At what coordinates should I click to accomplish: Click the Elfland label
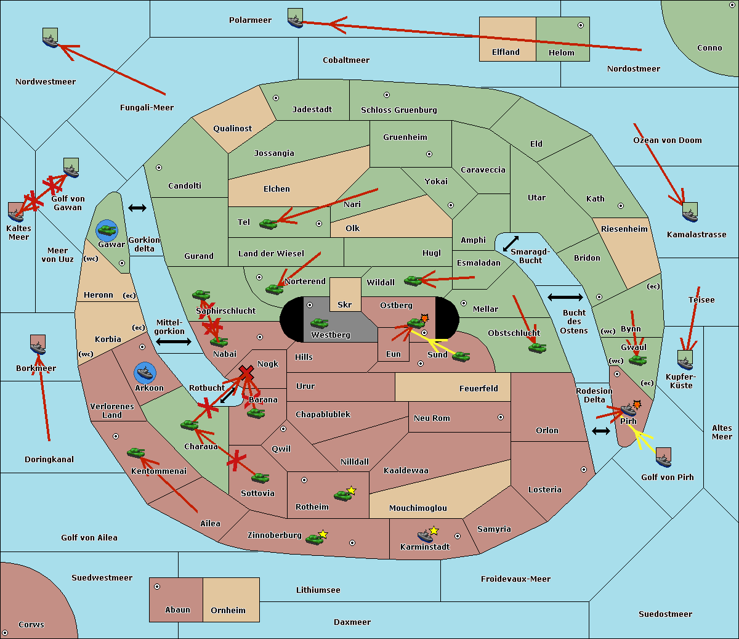pos(506,52)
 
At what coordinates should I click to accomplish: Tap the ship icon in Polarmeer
pos(296,18)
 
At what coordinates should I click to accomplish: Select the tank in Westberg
pos(319,324)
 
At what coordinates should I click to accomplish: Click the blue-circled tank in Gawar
pos(107,230)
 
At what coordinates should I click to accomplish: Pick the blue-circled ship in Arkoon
pos(145,373)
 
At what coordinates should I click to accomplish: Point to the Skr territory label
pos(345,304)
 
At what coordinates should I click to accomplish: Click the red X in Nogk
pos(246,373)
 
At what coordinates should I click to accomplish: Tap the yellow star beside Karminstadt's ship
pos(434,530)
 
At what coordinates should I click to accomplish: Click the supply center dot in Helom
pos(581,25)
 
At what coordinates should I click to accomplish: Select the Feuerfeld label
pos(479,389)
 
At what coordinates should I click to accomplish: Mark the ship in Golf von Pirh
pos(664,458)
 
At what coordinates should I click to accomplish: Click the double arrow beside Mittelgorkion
pos(174,341)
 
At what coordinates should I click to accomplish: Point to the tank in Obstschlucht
pos(538,348)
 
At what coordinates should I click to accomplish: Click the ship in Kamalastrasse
pos(690,212)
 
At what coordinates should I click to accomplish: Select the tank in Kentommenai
pos(136,453)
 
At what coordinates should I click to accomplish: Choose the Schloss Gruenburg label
pos(398,110)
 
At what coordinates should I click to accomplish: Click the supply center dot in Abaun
pos(157,587)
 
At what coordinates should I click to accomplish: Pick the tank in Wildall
pos(413,280)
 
